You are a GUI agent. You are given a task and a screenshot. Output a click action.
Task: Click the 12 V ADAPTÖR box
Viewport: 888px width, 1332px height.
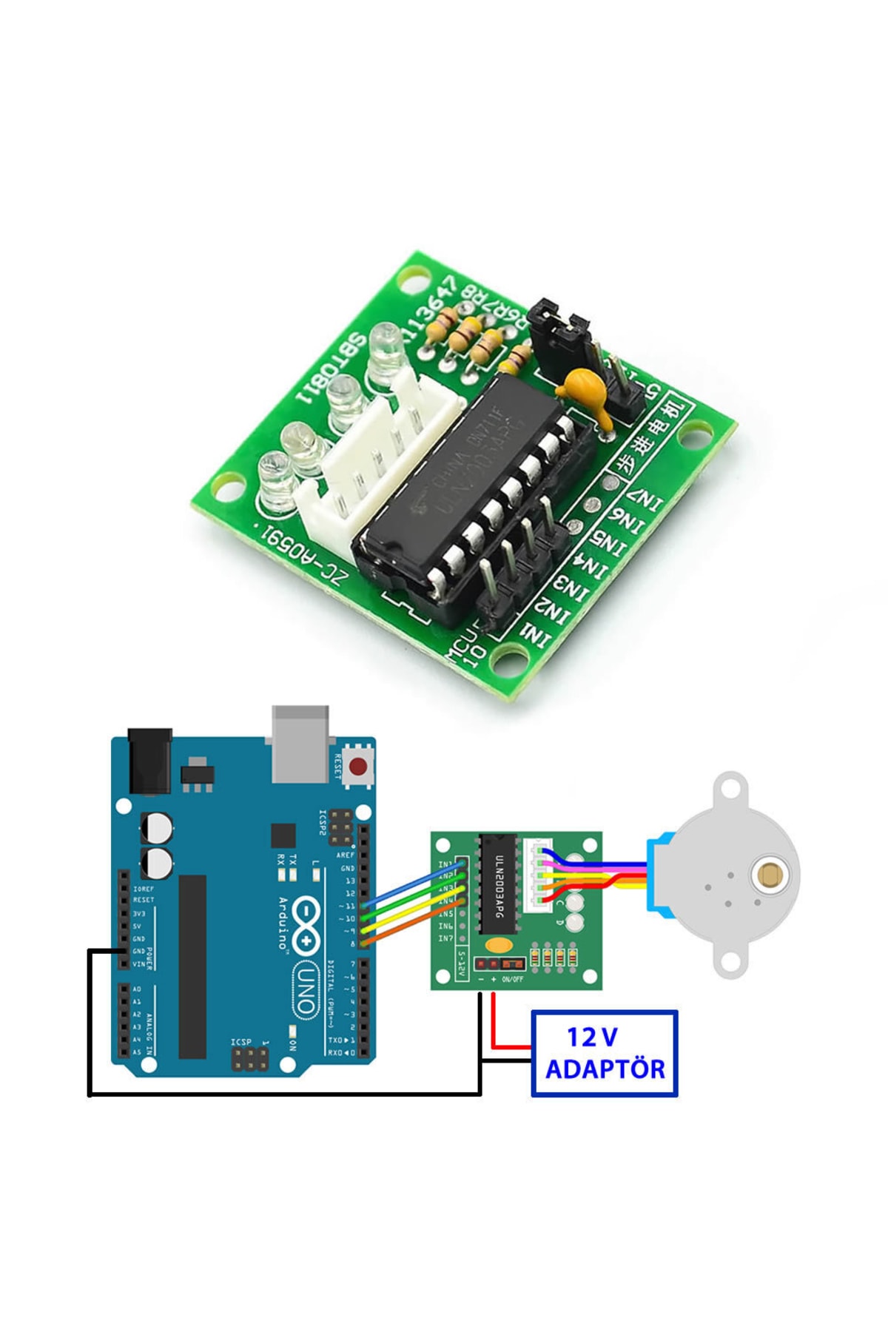tap(604, 1053)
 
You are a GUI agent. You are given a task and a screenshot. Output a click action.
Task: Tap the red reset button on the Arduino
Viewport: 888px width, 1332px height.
tap(360, 765)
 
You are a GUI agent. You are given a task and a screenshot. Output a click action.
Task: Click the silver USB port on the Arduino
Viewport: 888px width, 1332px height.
tap(300, 744)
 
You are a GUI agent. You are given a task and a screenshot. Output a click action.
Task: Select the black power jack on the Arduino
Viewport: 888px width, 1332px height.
tap(150, 760)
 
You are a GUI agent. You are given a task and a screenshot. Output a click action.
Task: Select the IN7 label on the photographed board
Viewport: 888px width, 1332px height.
tap(642, 502)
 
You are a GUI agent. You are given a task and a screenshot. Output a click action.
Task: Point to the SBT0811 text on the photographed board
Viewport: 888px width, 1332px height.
tap(331, 368)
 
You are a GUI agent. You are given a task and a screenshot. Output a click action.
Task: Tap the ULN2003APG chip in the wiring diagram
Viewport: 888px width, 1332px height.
tap(497, 884)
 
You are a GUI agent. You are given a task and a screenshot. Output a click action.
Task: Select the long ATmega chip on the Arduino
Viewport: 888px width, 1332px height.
tap(192, 966)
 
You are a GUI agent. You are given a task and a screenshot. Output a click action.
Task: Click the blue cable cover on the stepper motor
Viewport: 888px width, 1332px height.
tap(659, 873)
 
